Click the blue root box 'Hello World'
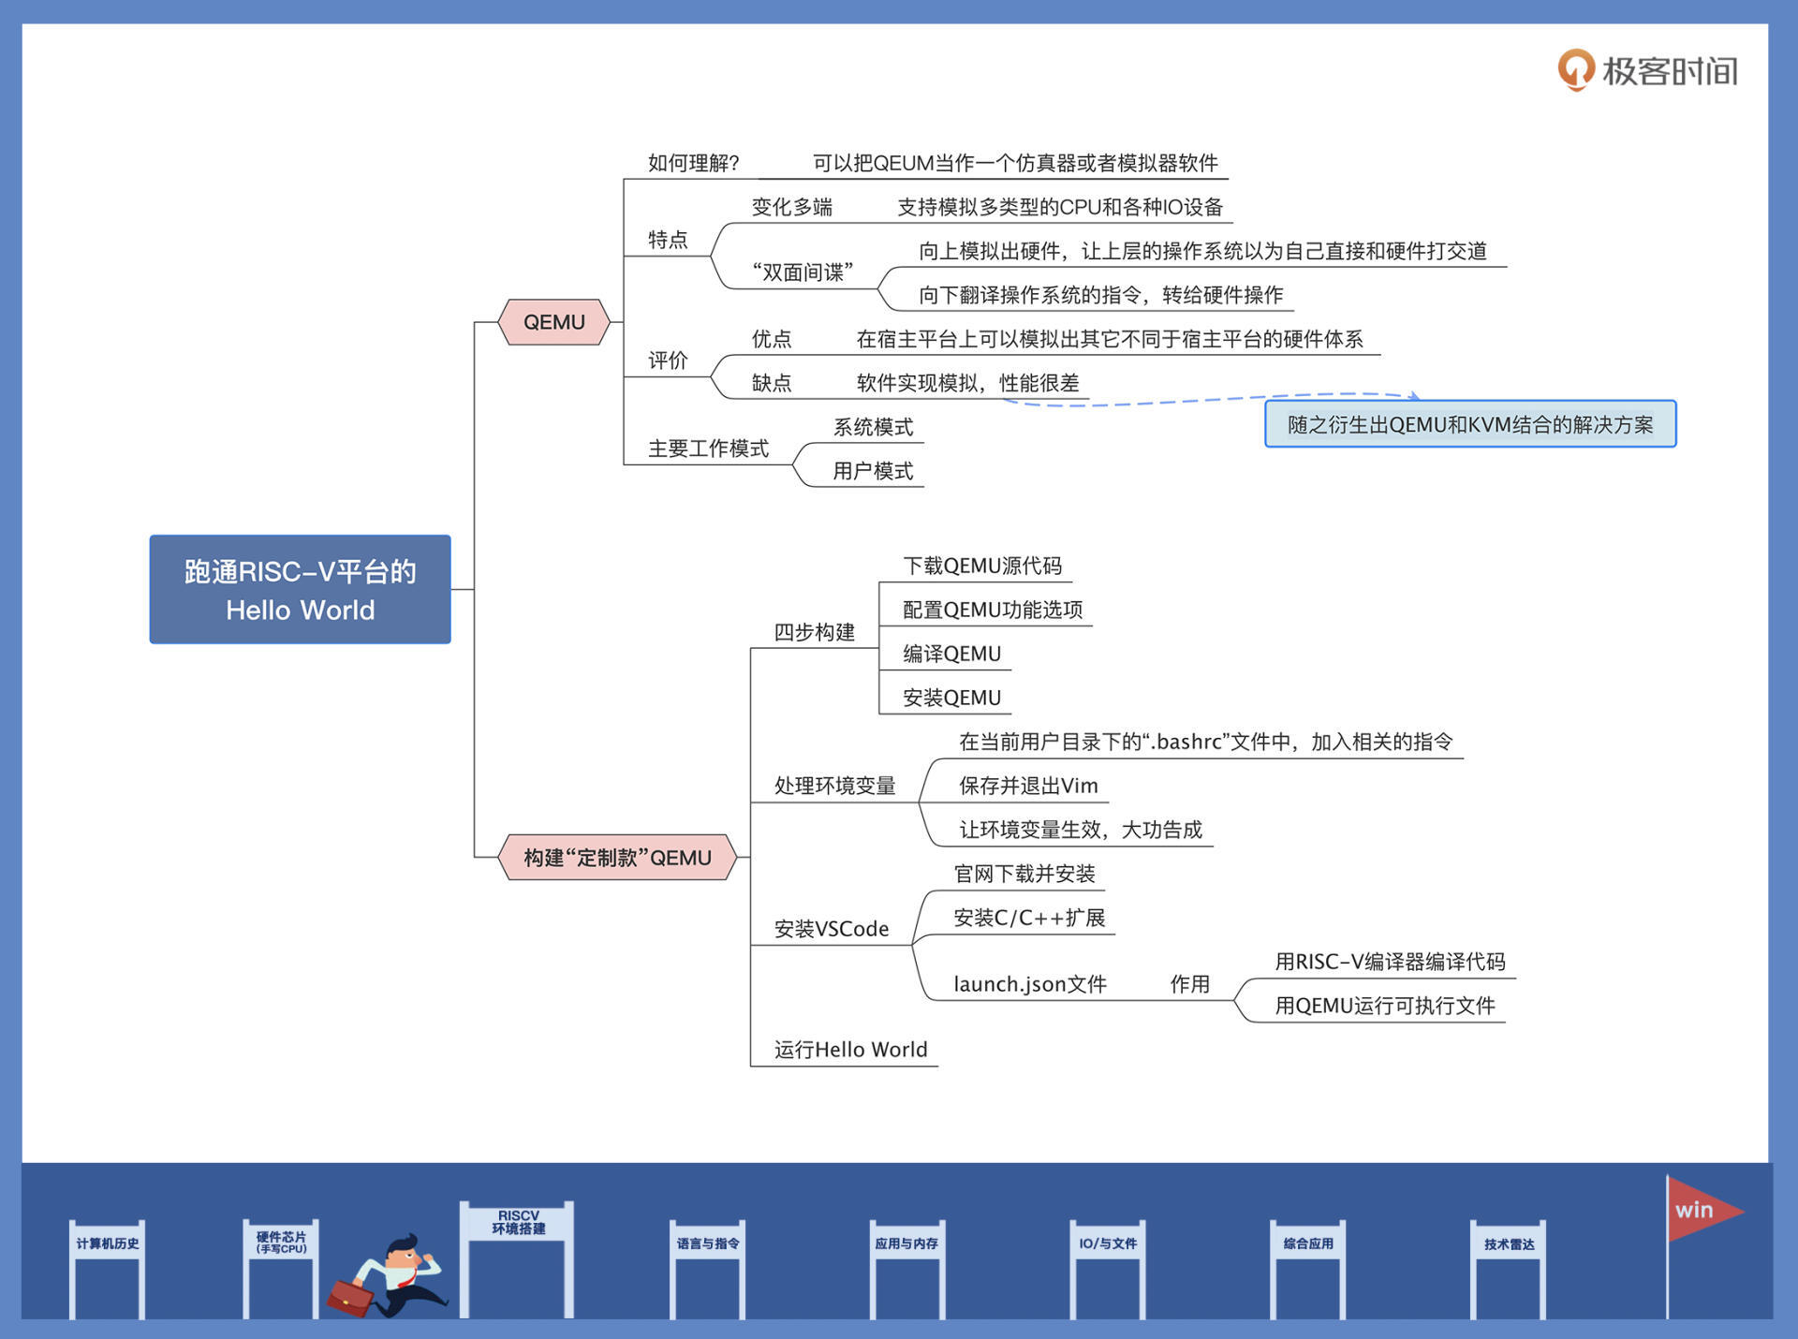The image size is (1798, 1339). pos(300,589)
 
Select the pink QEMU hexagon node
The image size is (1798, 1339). pos(553,322)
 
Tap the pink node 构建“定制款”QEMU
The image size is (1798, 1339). pos(617,857)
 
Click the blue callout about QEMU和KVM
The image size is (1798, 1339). pos(1470,424)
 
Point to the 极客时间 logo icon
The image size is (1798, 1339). pos(1575,70)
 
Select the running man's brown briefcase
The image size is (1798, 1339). pos(350,1297)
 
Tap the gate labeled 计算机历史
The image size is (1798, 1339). pos(108,1243)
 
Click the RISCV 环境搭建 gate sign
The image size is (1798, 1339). pos(518,1222)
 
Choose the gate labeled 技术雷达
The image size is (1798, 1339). pos(1509,1243)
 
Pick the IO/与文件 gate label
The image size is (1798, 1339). pos(1108,1243)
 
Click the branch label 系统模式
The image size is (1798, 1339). pos(873,427)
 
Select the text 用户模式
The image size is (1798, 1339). pos(873,470)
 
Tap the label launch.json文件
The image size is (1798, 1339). pos(1030,984)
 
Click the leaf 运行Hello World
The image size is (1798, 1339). pos(850,1050)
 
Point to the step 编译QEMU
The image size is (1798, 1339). pos(951,654)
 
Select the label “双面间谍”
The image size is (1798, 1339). pos(803,272)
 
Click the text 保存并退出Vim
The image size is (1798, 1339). pos(1028,786)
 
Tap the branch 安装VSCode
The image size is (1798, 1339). pos(832,929)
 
